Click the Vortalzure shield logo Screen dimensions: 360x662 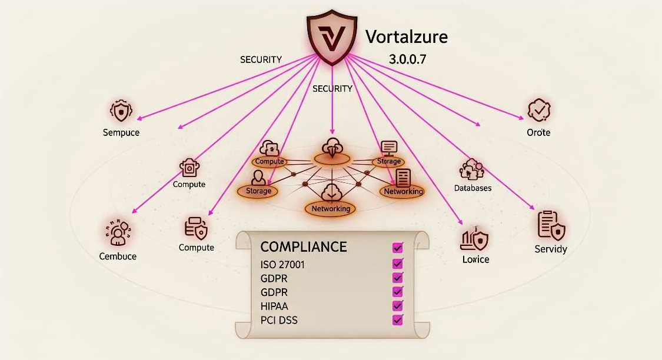click(x=330, y=37)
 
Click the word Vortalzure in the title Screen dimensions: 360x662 click(x=407, y=37)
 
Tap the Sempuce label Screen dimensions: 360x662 click(x=121, y=132)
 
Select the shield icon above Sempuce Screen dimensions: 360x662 click(x=121, y=111)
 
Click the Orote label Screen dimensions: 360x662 click(x=538, y=132)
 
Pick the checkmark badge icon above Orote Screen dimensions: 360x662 click(x=538, y=110)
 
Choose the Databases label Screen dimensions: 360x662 click(x=473, y=188)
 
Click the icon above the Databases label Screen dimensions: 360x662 click(x=471, y=169)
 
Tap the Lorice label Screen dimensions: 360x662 click(x=475, y=259)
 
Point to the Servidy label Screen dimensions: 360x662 click(x=551, y=249)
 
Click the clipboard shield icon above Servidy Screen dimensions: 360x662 click(x=551, y=225)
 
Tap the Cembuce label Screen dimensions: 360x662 click(x=118, y=256)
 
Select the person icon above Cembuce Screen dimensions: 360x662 click(x=118, y=232)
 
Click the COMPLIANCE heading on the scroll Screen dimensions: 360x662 click(x=304, y=246)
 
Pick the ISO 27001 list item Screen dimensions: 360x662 click(x=282, y=265)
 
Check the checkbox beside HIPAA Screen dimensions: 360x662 click(x=397, y=306)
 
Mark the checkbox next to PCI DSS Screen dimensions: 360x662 click(x=397, y=320)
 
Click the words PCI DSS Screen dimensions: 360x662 click(x=279, y=320)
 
